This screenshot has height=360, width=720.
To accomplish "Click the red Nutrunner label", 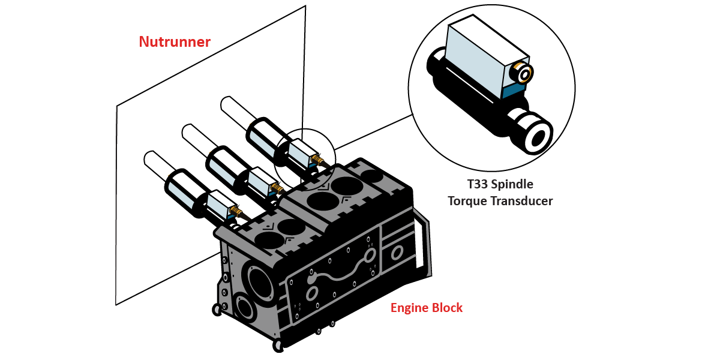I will click(x=175, y=42).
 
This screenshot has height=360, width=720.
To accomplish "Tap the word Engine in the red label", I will click(x=410, y=308).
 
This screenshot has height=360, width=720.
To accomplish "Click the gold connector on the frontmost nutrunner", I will click(x=237, y=211).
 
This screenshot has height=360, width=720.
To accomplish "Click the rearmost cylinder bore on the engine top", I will click(x=372, y=175).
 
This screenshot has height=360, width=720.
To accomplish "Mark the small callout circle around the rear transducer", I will click(x=305, y=154).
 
